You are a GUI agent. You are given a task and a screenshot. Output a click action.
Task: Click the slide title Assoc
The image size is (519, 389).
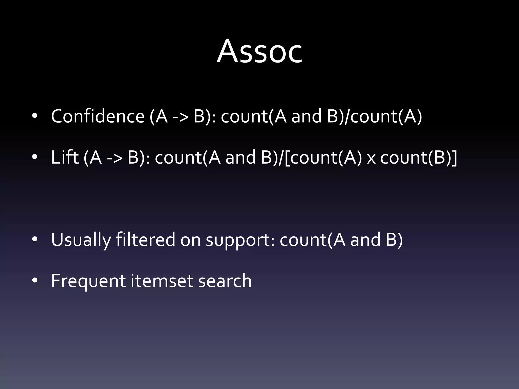[259, 52]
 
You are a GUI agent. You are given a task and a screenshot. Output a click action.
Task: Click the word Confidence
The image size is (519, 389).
[98, 116]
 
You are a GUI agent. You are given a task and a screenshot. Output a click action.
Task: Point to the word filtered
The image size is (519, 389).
[145, 239]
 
